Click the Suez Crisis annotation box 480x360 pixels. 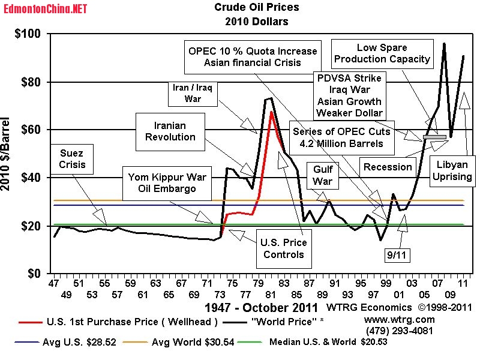click(73, 158)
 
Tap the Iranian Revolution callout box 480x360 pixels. click(170, 131)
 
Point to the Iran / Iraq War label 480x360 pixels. click(193, 93)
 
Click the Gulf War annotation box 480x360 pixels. click(323, 175)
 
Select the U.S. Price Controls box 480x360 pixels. click(283, 248)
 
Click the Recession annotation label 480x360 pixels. click(388, 167)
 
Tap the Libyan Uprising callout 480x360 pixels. click(454, 170)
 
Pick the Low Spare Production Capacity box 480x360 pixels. click(382, 53)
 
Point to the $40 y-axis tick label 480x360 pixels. click(29, 178)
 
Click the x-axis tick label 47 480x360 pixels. click(55, 283)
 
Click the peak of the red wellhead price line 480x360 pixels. click(271, 112)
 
